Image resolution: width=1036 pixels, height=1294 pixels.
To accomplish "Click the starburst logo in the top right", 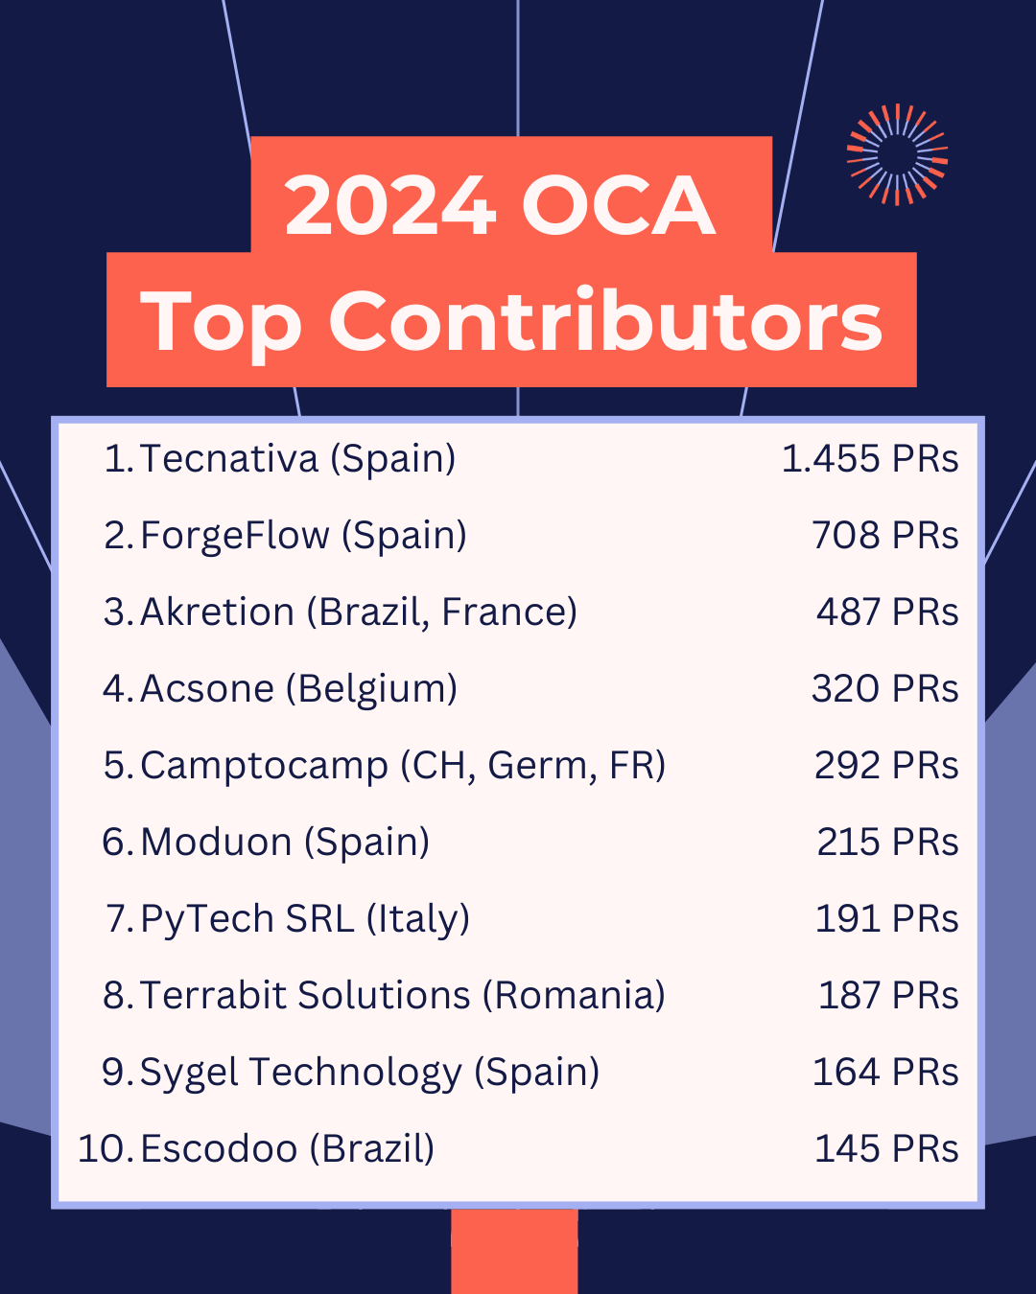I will tap(897, 154).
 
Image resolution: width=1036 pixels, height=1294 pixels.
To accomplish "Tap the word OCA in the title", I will tap(619, 206).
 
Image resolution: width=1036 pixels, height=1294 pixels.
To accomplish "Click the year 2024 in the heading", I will tap(390, 206).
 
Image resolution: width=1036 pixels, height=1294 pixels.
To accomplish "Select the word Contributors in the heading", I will tap(605, 322).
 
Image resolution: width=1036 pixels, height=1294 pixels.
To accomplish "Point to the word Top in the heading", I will tap(222, 324).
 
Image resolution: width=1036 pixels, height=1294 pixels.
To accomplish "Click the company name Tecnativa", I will tap(229, 459).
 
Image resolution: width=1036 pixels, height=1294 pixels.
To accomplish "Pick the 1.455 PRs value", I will tap(869, 459).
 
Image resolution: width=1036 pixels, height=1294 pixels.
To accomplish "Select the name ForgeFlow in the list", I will tap(234, 536).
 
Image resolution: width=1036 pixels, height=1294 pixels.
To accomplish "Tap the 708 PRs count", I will tap(884, 536).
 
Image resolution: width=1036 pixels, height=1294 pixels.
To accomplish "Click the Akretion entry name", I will tap(217, 612).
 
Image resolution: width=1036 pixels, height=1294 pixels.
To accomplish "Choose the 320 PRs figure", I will tap(884, 689).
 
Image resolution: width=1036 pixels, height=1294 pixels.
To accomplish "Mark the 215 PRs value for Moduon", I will tap(887, 843).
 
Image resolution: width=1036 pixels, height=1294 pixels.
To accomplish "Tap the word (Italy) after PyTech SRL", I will tap(417, 919).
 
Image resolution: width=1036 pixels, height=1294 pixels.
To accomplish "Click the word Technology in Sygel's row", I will tap(355, 1073).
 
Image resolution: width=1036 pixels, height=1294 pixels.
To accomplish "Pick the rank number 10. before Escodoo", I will tap(106, 1149).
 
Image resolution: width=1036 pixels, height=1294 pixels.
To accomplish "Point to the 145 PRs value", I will tap(886, 1149).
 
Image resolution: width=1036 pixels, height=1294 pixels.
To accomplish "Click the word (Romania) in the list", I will tap(574, 996).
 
